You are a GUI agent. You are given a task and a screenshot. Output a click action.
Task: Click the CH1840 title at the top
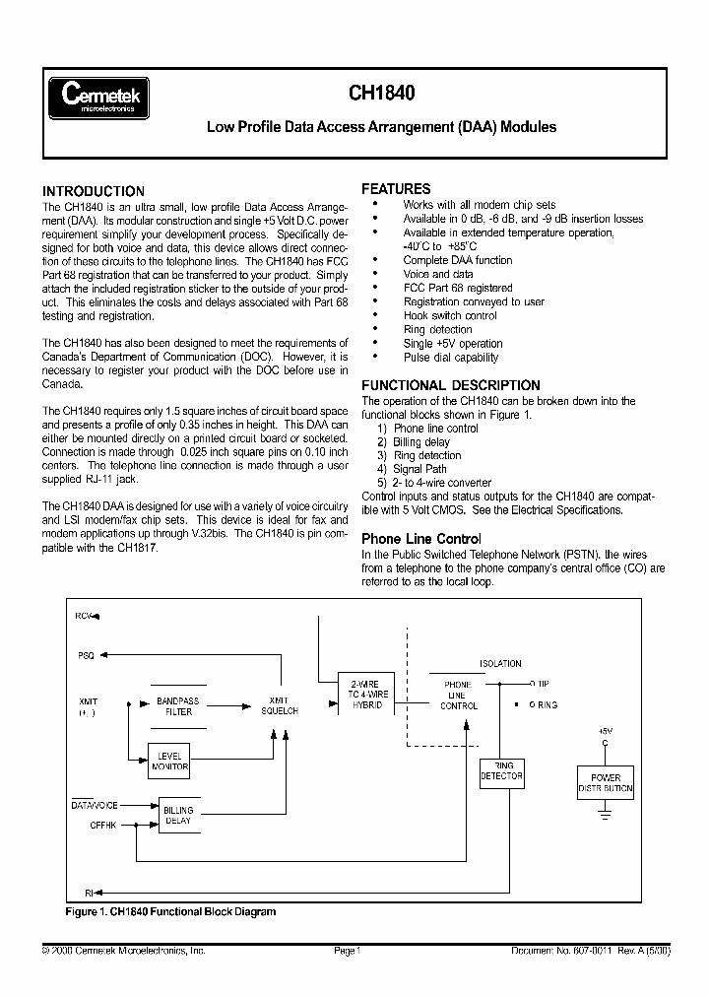[381, 95]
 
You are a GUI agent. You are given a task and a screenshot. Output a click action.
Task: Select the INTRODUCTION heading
[94, 191]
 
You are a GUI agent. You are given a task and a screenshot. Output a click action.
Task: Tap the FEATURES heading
[396, 188]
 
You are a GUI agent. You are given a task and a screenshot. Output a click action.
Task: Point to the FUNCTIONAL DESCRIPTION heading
[451, 385]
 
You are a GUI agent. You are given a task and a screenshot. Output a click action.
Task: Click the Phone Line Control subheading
[420, 539]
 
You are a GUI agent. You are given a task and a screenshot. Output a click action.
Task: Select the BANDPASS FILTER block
[177, 705]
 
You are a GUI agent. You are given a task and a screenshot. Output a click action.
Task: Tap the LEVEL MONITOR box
[169, 762]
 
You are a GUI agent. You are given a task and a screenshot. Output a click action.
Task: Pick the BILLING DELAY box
[178, 815]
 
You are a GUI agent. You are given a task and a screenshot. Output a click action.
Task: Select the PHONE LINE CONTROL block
[459, 695]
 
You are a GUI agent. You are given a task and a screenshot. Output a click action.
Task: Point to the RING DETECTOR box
[501, 771]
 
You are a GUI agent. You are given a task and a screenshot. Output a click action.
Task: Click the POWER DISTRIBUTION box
[606, 783]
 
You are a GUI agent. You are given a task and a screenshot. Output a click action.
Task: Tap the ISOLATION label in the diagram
[500, 664]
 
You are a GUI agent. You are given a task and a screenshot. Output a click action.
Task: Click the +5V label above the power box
[605, 731]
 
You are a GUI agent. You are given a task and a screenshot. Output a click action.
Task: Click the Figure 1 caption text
[170, 911]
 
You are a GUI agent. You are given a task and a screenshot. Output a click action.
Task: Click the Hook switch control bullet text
[450, 316]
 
